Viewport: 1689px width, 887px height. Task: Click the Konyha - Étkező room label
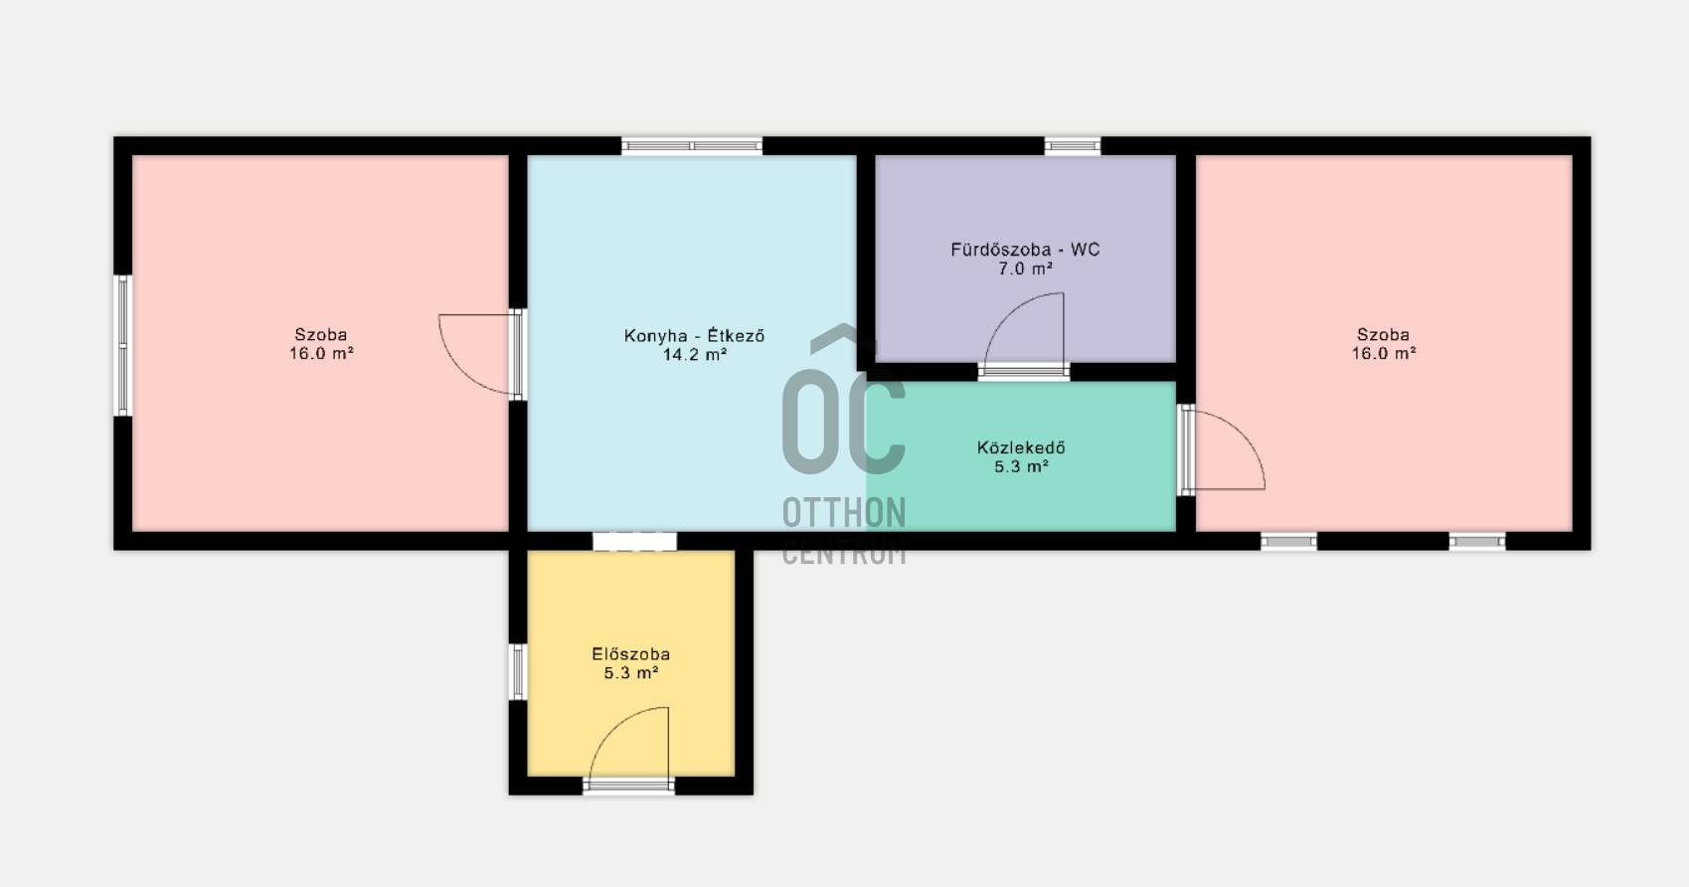[694, 336]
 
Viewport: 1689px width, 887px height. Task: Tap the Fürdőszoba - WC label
[1025, 250]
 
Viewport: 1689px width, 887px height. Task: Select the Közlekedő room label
[1021, 448]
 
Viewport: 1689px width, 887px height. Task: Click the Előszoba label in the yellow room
[630, 654]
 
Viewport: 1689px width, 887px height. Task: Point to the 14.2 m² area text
[694, 355]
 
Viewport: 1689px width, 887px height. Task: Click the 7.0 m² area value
[1025, 268]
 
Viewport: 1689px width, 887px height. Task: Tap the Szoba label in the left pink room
[321, 335]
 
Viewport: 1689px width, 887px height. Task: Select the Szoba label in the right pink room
[1383, 335]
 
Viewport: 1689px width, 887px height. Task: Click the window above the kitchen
[692, 146]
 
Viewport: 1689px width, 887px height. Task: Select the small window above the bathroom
[1073, 146]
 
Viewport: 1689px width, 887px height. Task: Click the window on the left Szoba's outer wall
[123, 345]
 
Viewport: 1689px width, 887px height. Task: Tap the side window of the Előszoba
[517, 672]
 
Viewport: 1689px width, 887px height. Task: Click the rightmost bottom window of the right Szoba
[1476, 542]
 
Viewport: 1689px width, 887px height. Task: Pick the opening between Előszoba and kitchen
[634, 542]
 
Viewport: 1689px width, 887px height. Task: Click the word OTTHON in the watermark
[843, 513]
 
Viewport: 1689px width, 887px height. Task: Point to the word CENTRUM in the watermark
[843, 554]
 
